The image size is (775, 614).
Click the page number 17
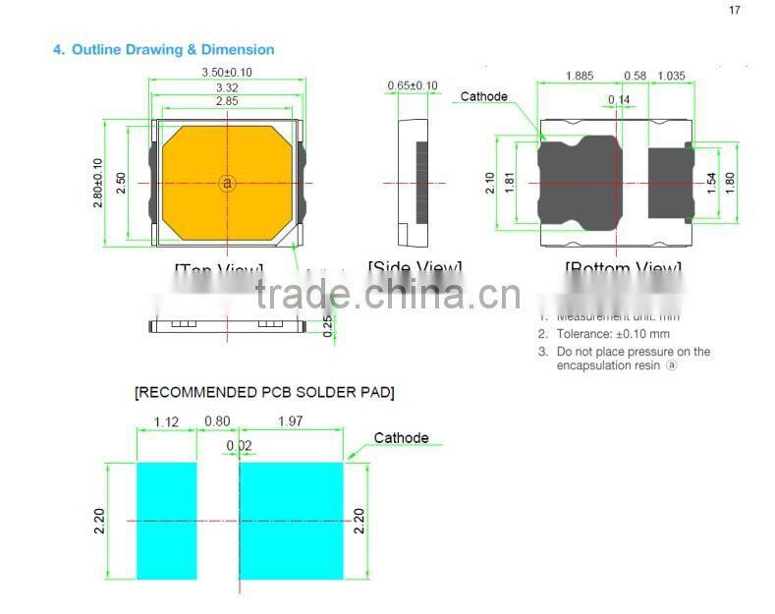click(x=734, y=10)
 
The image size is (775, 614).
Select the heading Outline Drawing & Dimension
click(x=163, y=49)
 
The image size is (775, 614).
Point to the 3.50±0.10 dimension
click(x=227, y=73)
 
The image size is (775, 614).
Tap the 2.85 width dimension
click(x=227, y=101)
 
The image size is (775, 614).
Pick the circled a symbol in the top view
click(x=227, y=183)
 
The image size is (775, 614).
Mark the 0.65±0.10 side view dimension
click(x=412, y=85)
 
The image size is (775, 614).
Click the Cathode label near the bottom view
click(x=484, y=96)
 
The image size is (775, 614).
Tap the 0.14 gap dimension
click(x=619, y=100)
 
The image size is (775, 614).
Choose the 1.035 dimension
click(x=671, y=77)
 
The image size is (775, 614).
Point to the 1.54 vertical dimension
click(x=712, y=183)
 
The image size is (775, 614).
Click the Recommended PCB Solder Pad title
click(x=264, y=393)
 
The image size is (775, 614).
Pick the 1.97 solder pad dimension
click(x=292, y=422)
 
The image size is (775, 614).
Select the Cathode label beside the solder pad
click(x=401, y=438)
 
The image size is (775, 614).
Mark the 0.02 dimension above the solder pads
click(x=238, y=445)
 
